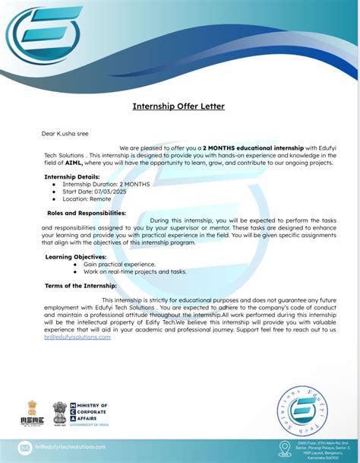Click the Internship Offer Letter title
[x=179, y=106]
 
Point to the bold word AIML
[x=74, y=163]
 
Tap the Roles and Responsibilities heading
[x=87, y=213]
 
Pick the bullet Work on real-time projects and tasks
[x=134, y=271]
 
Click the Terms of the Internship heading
[x=81, y=286]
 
